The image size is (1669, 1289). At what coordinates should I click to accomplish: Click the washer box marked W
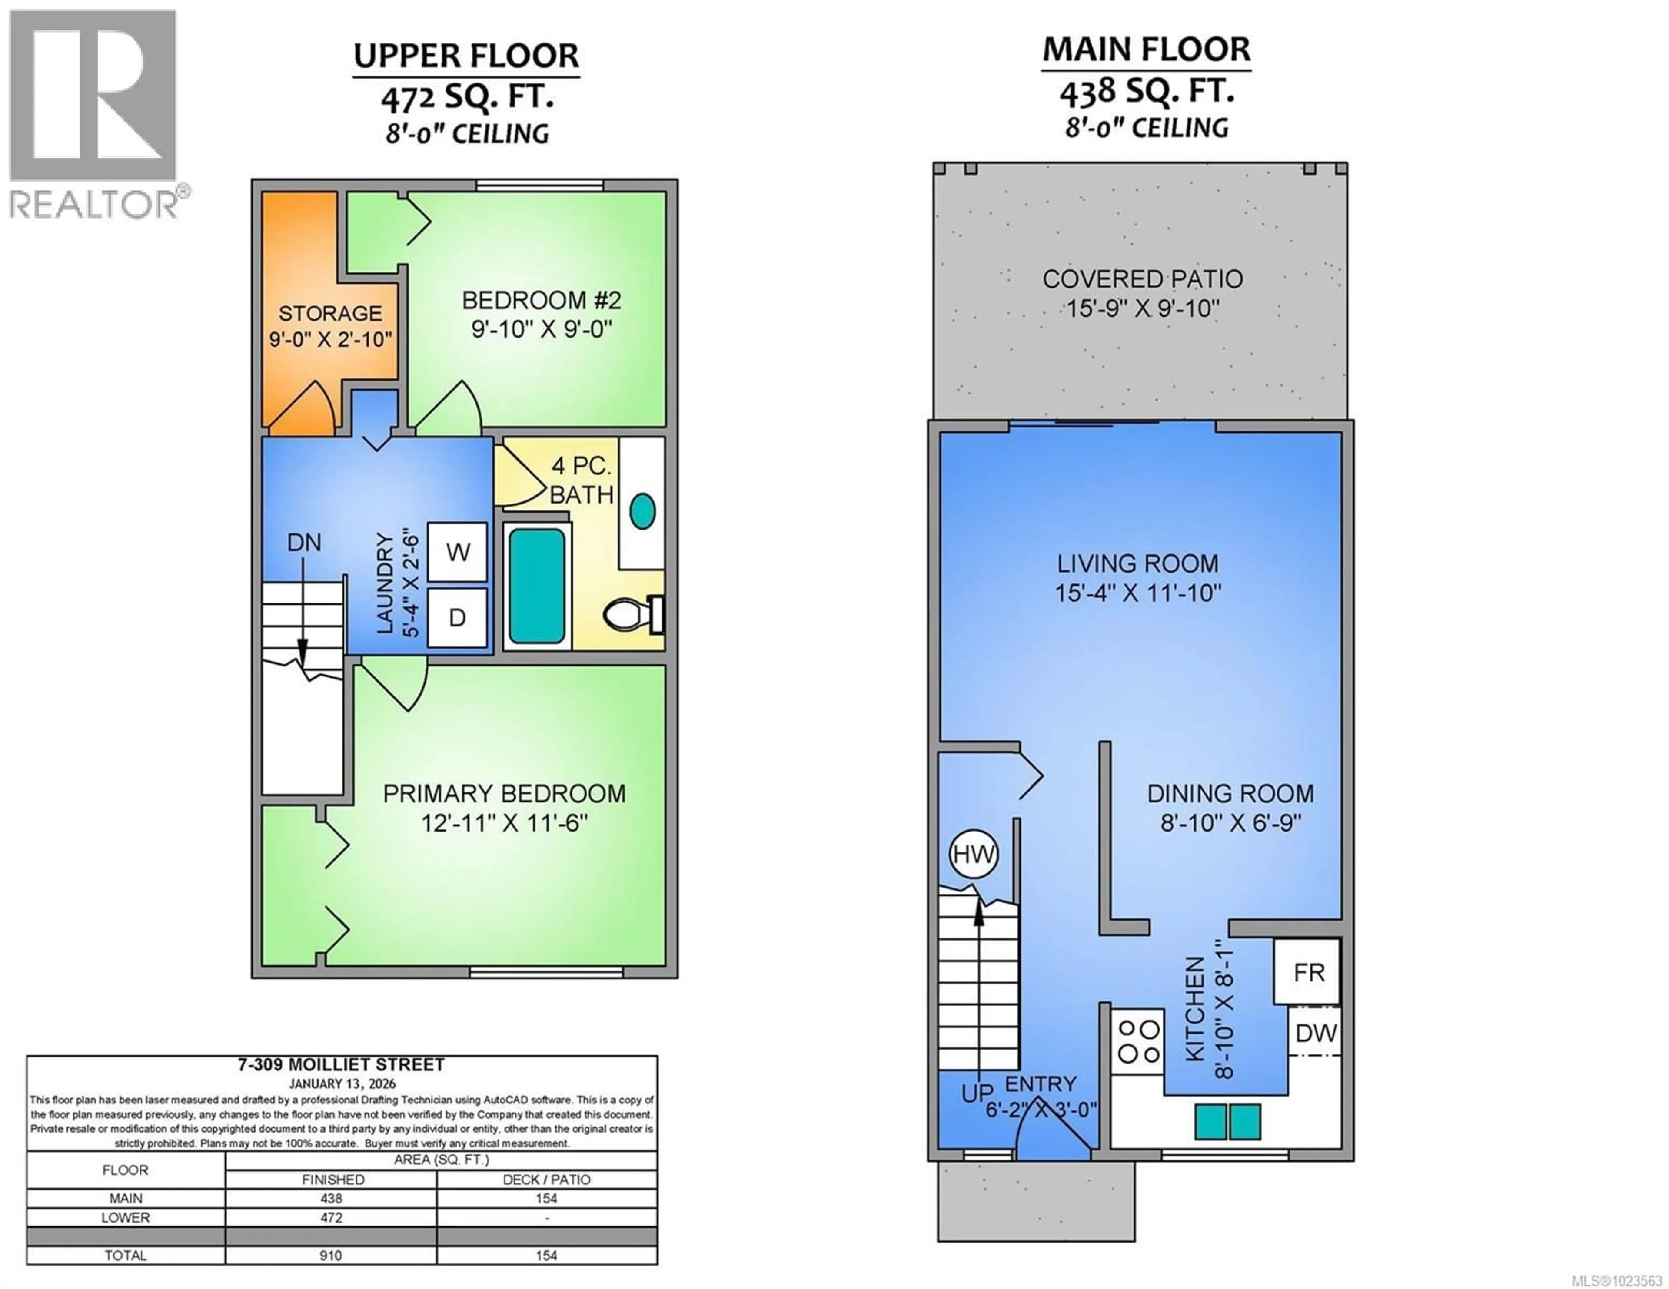(x=457, y=552)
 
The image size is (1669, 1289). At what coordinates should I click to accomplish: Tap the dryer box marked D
(x=457, y=617)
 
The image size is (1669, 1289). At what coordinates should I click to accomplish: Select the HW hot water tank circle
(x=973, y=854)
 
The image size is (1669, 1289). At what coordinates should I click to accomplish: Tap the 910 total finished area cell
(x=330, y=1256)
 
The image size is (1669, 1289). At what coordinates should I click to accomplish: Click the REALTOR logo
(x=93, y=115)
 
